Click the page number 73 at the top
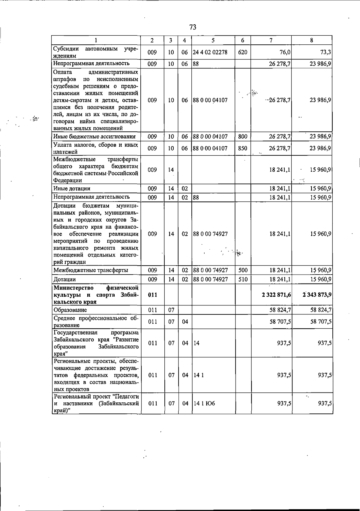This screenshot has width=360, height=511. click(193, 27)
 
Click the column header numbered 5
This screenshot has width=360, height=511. click(213, 40)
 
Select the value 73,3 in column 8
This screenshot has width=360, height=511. click(325, 52)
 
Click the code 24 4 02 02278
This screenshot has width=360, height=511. click(210, 52)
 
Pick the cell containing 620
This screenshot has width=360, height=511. click(242, 52)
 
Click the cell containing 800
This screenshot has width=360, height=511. click(242, 137)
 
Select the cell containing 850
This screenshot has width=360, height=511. click(242, 148)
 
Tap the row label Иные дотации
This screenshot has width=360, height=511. click(72, 188)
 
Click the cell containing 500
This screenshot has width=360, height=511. click(242, 270)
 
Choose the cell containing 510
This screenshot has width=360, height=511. click(242, 279)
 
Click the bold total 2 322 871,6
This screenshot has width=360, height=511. click(276, 295)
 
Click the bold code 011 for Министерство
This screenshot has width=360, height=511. click(152, 295)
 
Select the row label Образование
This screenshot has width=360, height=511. click(70, 310)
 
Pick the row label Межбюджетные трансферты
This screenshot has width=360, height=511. click(91, 270)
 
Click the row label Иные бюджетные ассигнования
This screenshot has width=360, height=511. click(94, 137)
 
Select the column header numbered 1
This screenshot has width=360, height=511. click(96, 40)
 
